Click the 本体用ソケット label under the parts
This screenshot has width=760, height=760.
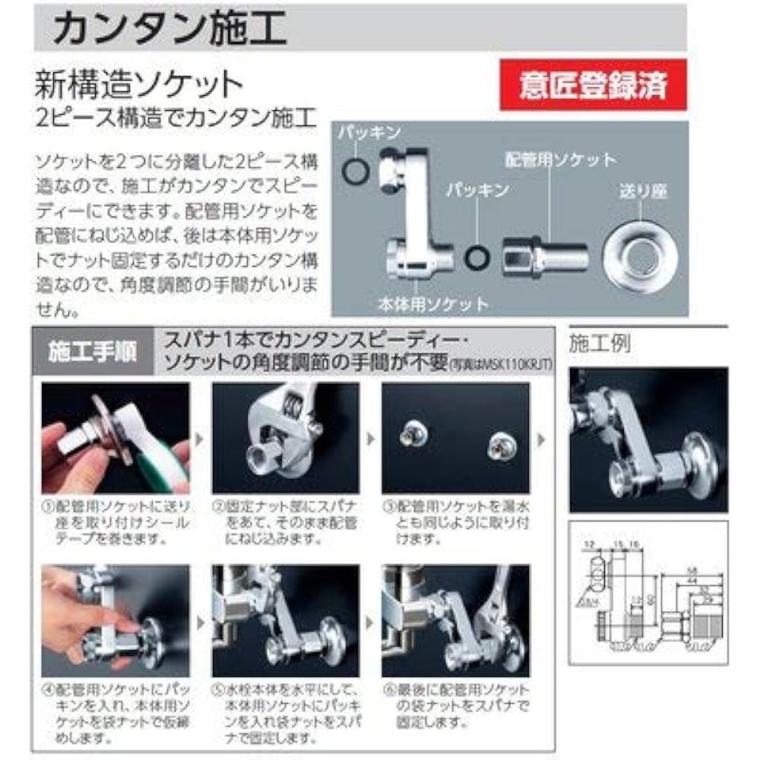434,304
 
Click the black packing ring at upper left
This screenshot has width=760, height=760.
355,172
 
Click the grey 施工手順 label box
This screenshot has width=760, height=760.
92,352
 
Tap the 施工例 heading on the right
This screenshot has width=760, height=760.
600,343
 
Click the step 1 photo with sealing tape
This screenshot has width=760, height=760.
115,439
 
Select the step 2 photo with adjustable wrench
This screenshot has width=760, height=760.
285,439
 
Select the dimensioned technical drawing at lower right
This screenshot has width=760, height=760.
648,593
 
